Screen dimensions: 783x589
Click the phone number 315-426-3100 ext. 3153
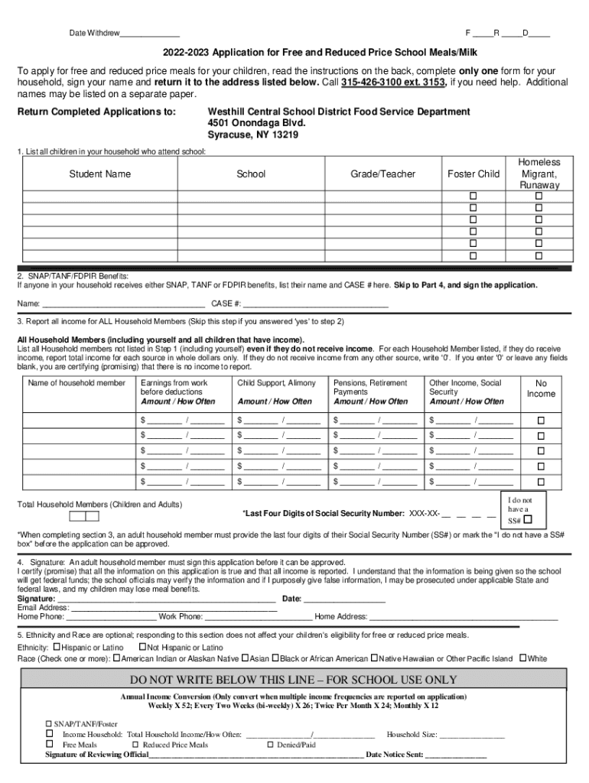pyautogui.click(x=393, y=83)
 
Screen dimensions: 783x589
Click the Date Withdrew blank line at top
pyautogui.click(x=150, y=34)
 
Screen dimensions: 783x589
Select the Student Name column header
pyautogui.click(x=100, y=174)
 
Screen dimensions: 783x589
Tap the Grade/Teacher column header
pyautogui.click(x=382, y=174)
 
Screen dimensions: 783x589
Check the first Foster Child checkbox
pyautogui.click(x=473, y=197)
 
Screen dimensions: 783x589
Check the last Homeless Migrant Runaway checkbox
pyautogui.click(x=539, y=255)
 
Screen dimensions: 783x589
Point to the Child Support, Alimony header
pyautogui.click(x=276, y=383)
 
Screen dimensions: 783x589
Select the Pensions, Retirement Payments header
pyautogui.click(x=370, y=387)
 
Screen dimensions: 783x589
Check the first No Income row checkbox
pyautogui.click(x=541, y=421)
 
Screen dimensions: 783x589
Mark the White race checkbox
pyautogui.click(x=523, y=658)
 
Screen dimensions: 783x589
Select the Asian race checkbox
pyautogui.click(x=246, y=658)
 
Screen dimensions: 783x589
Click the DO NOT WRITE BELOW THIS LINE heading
pyautogui.click(x=294, y=680)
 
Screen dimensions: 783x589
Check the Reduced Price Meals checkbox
pyautogui.click(x=135, y=744)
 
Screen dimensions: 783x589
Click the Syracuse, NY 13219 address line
pyautogui.click(x=252, y=135)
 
